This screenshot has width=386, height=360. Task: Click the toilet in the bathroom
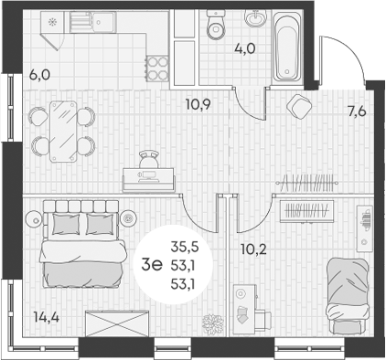217,27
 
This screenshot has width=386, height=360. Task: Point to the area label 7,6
357,113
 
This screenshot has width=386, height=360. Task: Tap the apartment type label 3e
152,265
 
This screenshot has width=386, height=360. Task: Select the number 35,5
183,245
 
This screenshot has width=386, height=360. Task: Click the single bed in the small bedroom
344,287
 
